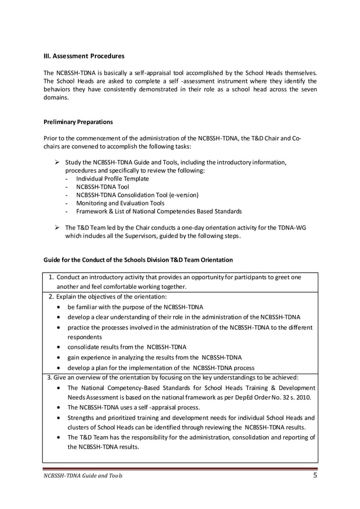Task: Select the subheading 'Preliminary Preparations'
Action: tap(78, 121)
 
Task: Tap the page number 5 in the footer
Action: tap(315, 475)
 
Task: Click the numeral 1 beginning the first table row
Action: tap(51, 277)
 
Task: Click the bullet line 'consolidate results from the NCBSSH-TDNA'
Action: tap(127, 346)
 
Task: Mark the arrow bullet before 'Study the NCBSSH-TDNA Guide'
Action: tap(57, 163)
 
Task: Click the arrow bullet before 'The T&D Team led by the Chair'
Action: tap(57, 227)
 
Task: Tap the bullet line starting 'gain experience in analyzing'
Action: tap(154, 357)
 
